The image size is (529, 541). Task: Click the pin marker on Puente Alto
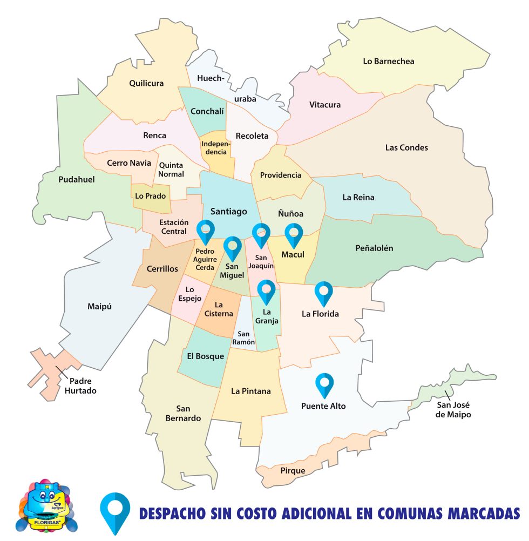click(x=324, y=384)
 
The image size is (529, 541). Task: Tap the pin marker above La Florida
click(x=324, y=292)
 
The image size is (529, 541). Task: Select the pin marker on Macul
click(x=294, y=234)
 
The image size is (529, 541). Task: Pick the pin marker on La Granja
click(x=266, y=291)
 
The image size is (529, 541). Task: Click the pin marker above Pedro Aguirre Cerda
click(x=206, y=231)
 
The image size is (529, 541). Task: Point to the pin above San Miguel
click(x=233, y=247)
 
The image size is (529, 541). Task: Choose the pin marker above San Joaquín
click(x=261, y=234)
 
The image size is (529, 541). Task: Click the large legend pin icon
click(x=115, y=511)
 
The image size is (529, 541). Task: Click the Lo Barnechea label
click(x=388, y=62)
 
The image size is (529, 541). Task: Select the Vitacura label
click(x=325, y=105)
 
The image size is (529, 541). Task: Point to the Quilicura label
click(x=146, y=83)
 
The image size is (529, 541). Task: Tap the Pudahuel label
click(x=76, y=179)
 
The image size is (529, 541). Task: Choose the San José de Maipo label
click(x=454, y=410)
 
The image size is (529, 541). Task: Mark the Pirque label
click(x=293, y=470)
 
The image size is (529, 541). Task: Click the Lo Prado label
click(x=151, y=196)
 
